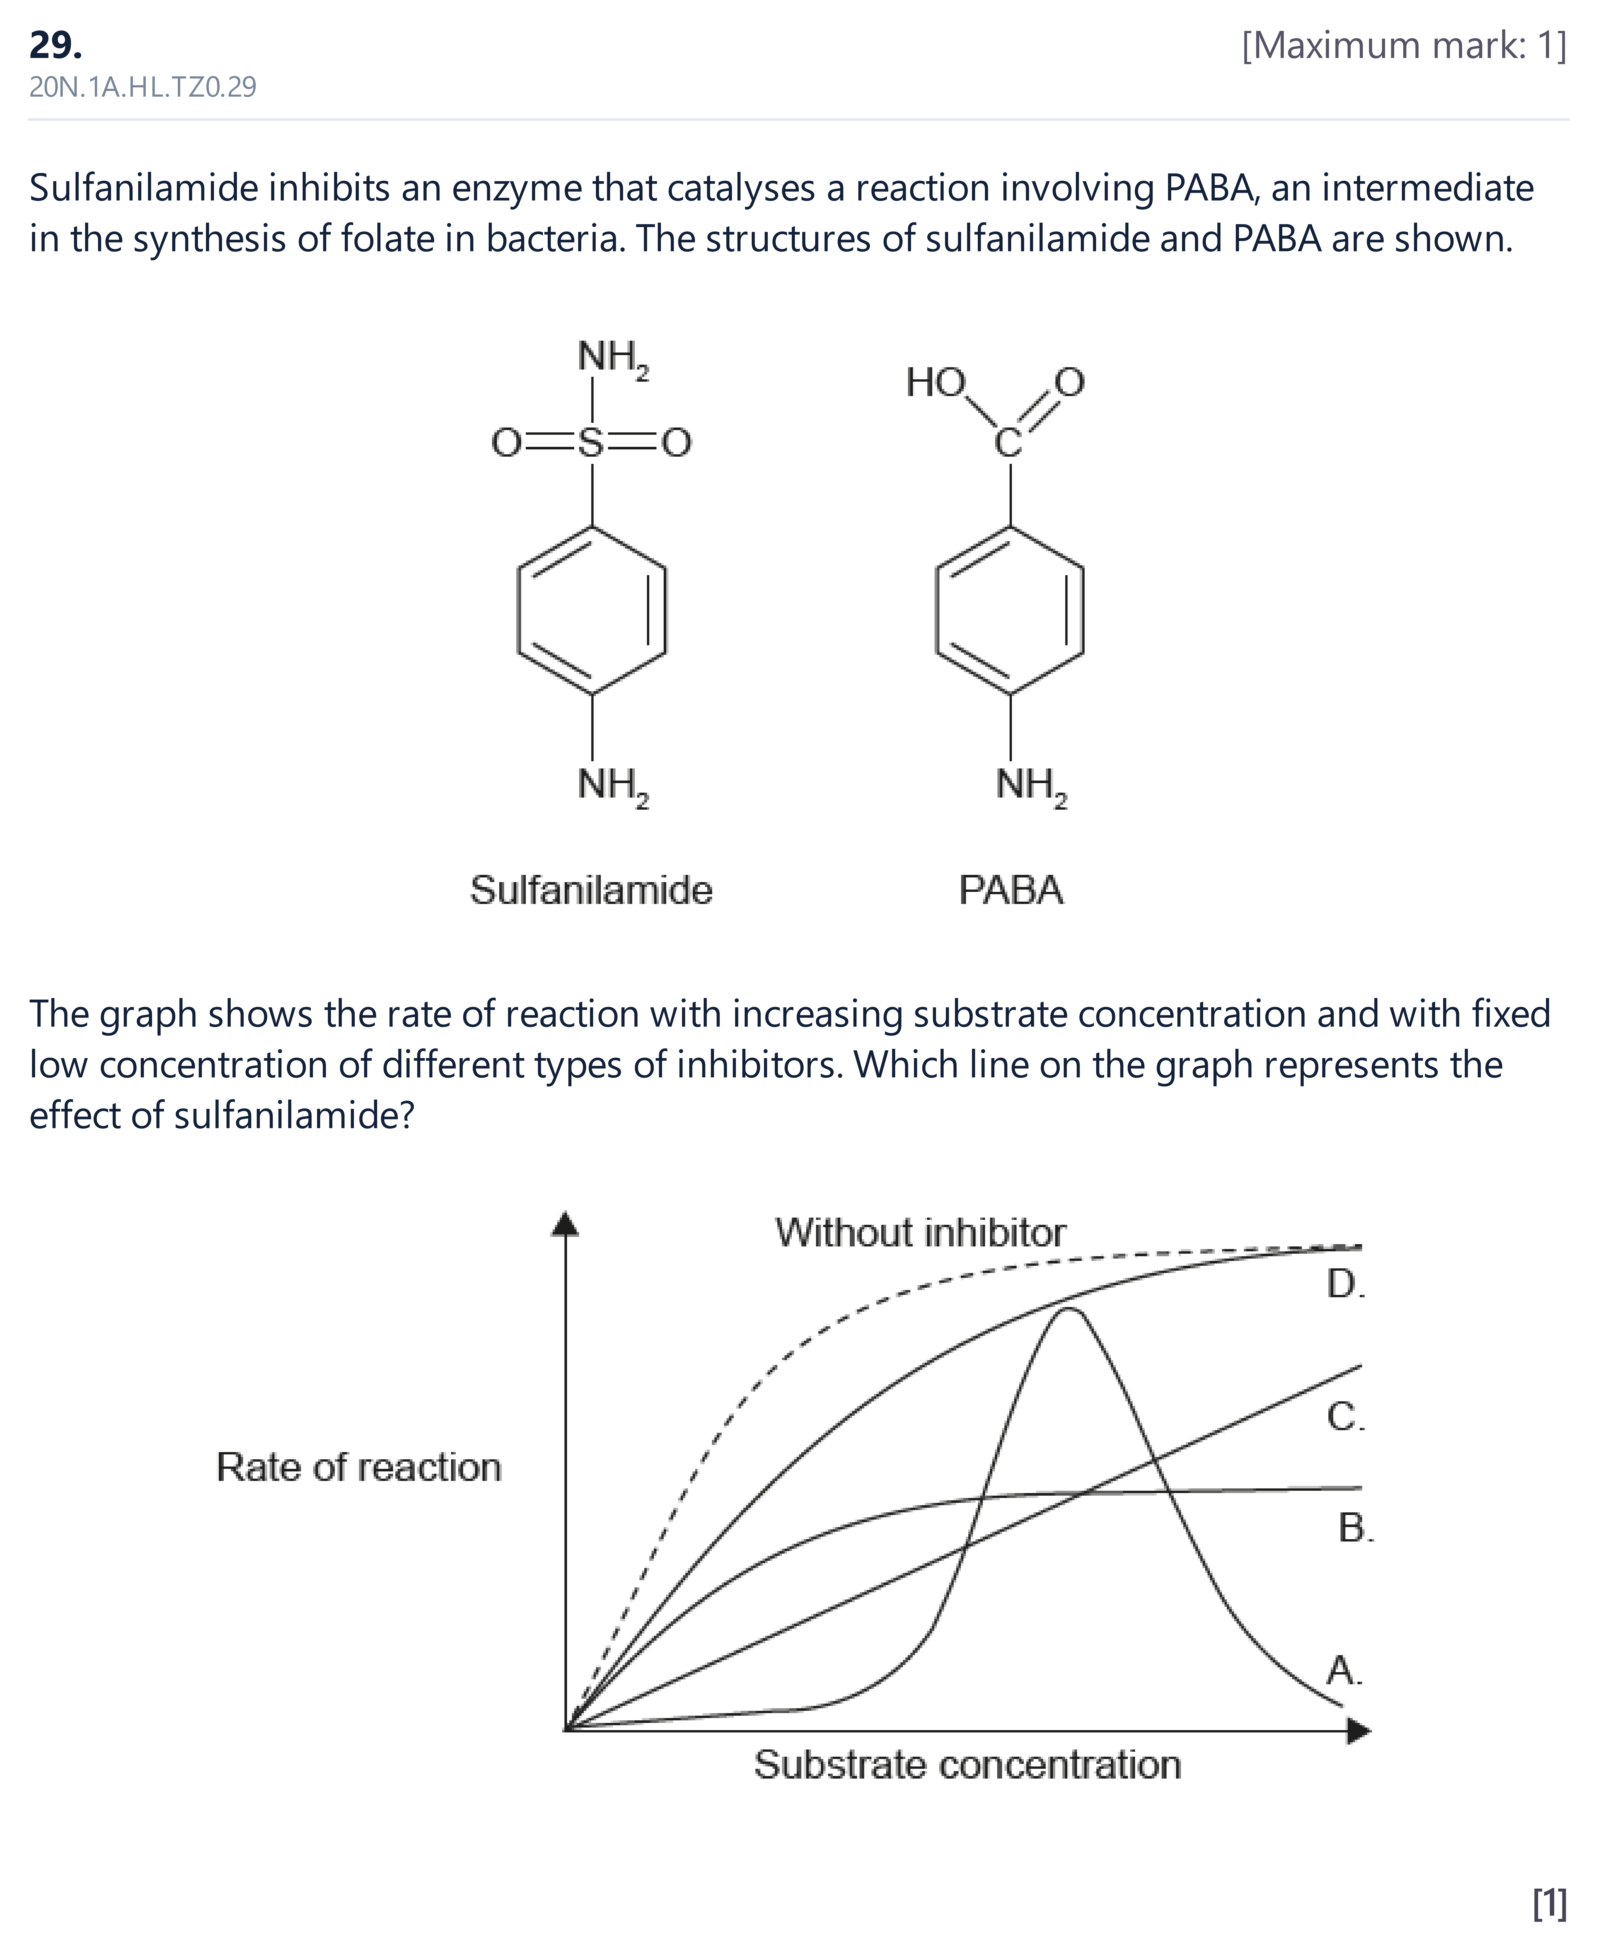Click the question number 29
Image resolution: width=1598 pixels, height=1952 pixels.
coord(55,44)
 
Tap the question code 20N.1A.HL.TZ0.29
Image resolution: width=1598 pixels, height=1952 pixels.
coord(143,87)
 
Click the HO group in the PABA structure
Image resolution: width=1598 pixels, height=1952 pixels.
coord(935,382)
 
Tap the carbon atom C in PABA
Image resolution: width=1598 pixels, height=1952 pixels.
coord(1009,443)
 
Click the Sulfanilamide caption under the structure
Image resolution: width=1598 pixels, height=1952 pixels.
coord(591,890)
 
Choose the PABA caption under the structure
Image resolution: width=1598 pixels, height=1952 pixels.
coord(1011,890)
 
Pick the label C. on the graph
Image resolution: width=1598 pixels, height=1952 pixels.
coord(1346,1417)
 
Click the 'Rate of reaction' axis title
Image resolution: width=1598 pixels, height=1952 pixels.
coord(359,1467)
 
